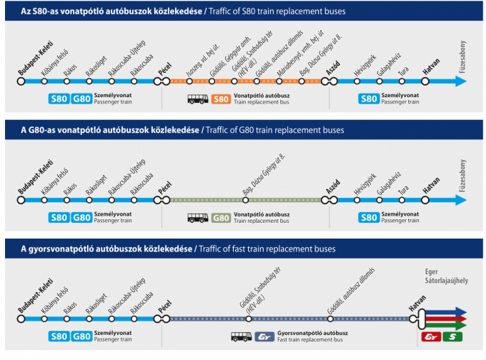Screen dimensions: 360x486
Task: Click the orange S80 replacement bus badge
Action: pos(222,99)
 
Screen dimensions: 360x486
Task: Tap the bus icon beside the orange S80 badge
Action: pos(198,99)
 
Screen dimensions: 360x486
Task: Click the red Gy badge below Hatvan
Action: pos(431,336)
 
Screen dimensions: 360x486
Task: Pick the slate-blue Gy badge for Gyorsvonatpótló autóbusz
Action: pos(264,336)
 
